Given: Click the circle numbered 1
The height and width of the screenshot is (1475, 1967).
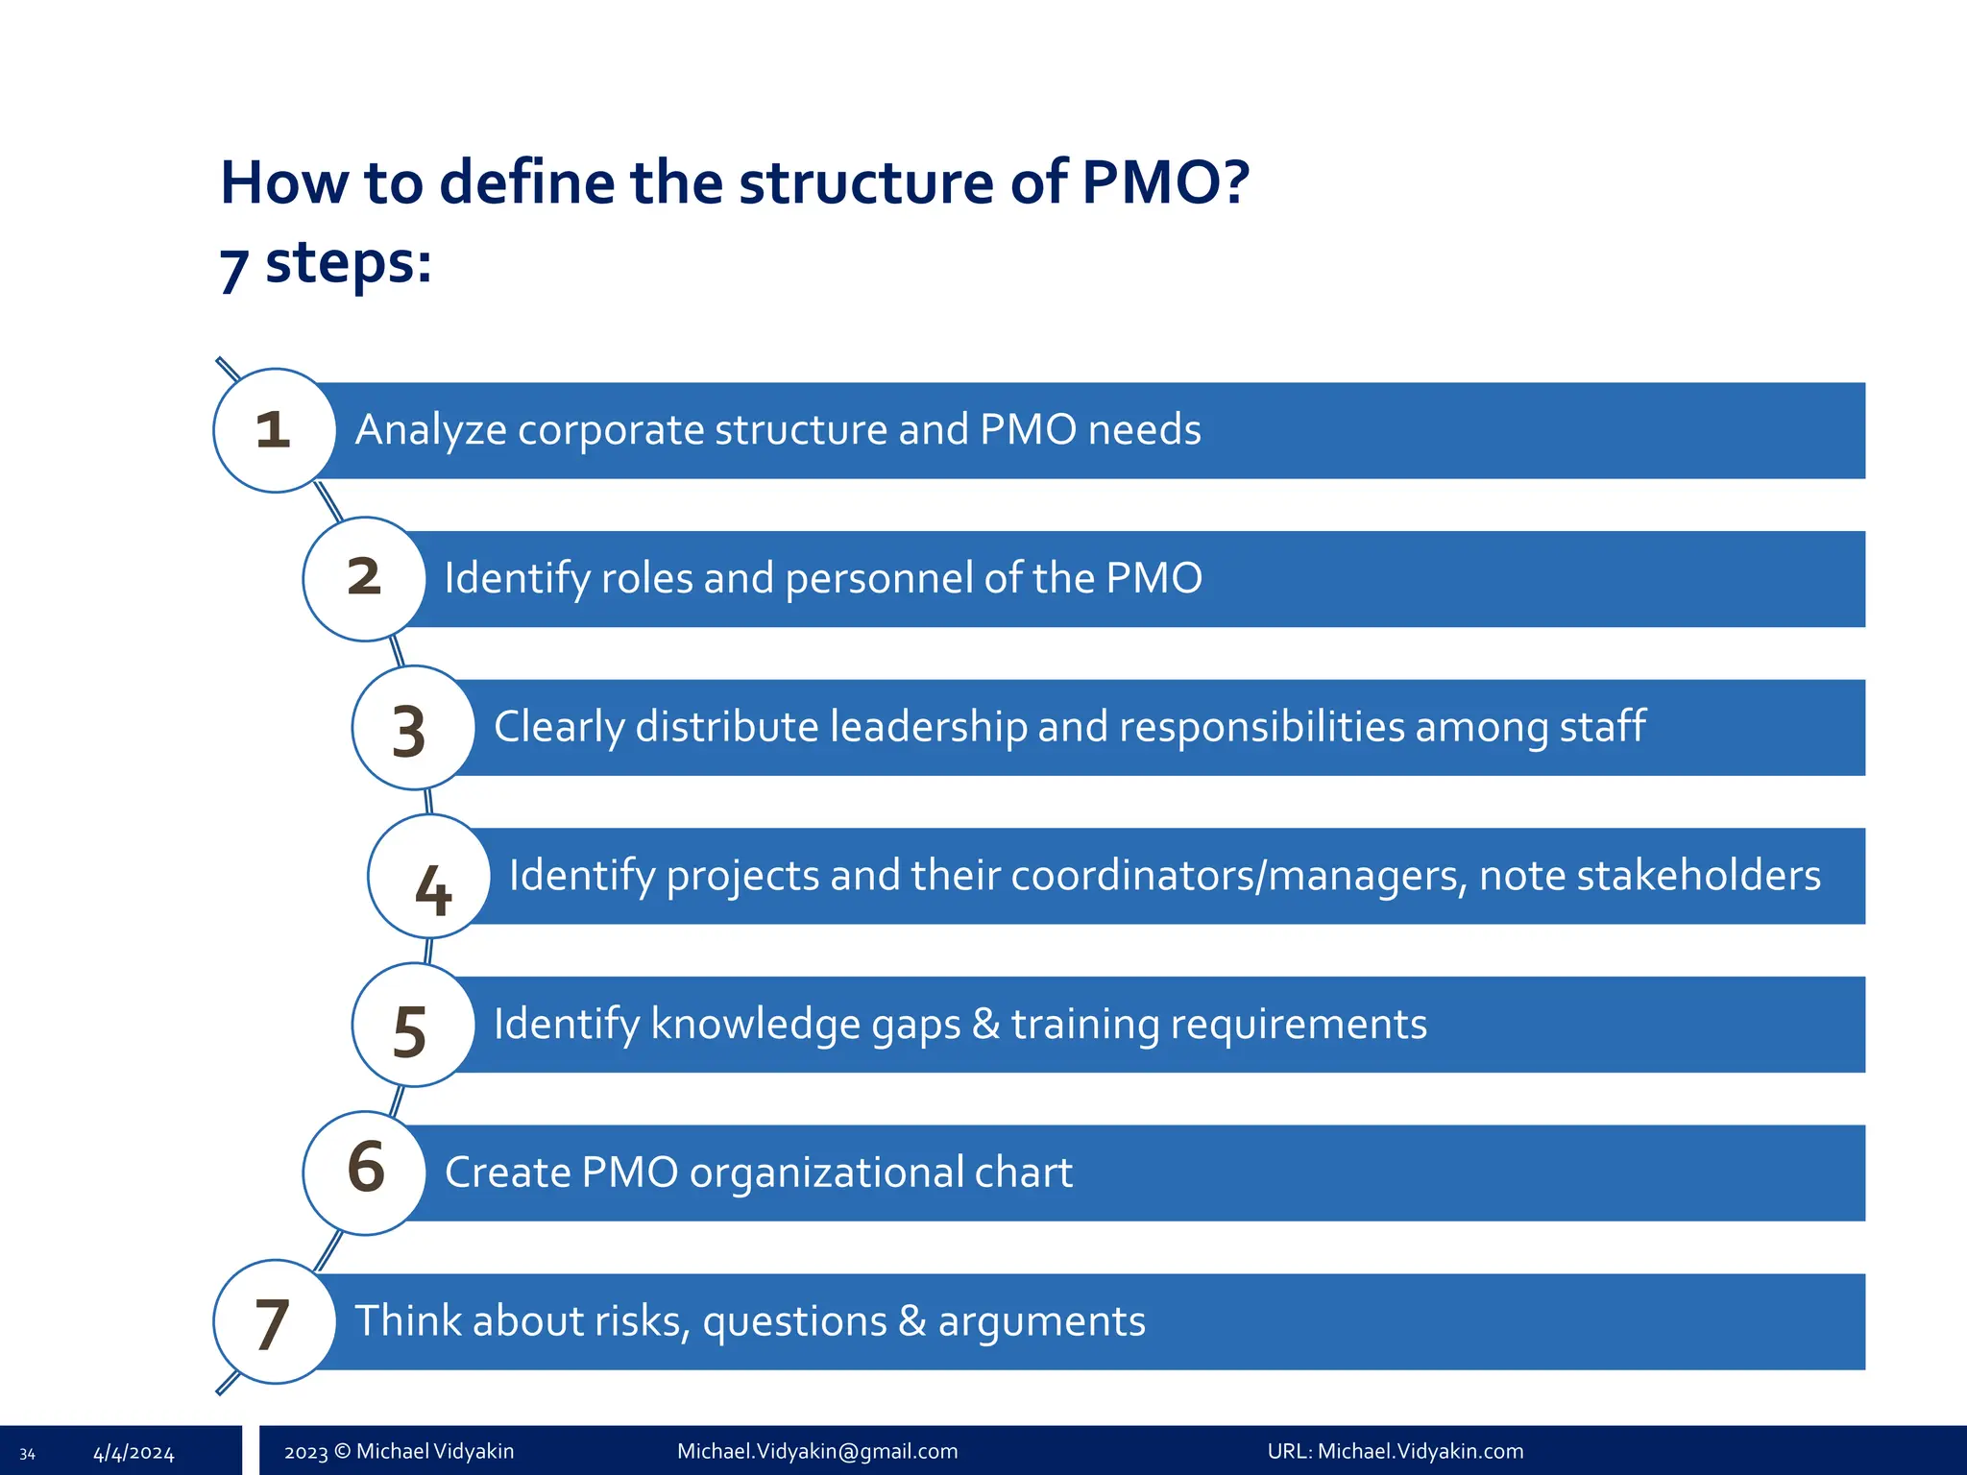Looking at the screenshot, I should (x=275, y=430).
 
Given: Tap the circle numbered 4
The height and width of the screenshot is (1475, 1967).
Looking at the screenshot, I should (x=429, y=876).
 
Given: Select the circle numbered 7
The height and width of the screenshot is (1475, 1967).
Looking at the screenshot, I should (x=275, y=1321).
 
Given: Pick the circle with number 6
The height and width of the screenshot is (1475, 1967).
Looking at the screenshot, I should (x=365, y=1173).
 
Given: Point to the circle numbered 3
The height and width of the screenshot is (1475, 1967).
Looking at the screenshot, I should (x=413, y=728).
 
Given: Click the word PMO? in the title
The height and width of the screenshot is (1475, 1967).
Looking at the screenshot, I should (x=1165, y=181).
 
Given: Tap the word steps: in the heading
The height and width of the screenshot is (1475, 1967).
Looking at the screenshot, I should (x=348, y=262).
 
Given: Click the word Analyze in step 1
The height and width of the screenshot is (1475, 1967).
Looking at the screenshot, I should (x=430, y=430).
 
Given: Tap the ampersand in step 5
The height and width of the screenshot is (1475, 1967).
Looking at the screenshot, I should (x=985, y=1024).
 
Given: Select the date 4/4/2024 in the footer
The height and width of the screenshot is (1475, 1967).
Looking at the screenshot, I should (x=134, y=1453).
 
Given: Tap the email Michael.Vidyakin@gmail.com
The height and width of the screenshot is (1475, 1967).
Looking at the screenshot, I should (x=817, y=1451).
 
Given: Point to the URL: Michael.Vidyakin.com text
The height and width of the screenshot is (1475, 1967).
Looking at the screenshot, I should (x=1395, y=1451).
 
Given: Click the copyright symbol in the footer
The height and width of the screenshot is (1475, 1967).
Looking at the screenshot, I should (x=342, y=1451).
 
